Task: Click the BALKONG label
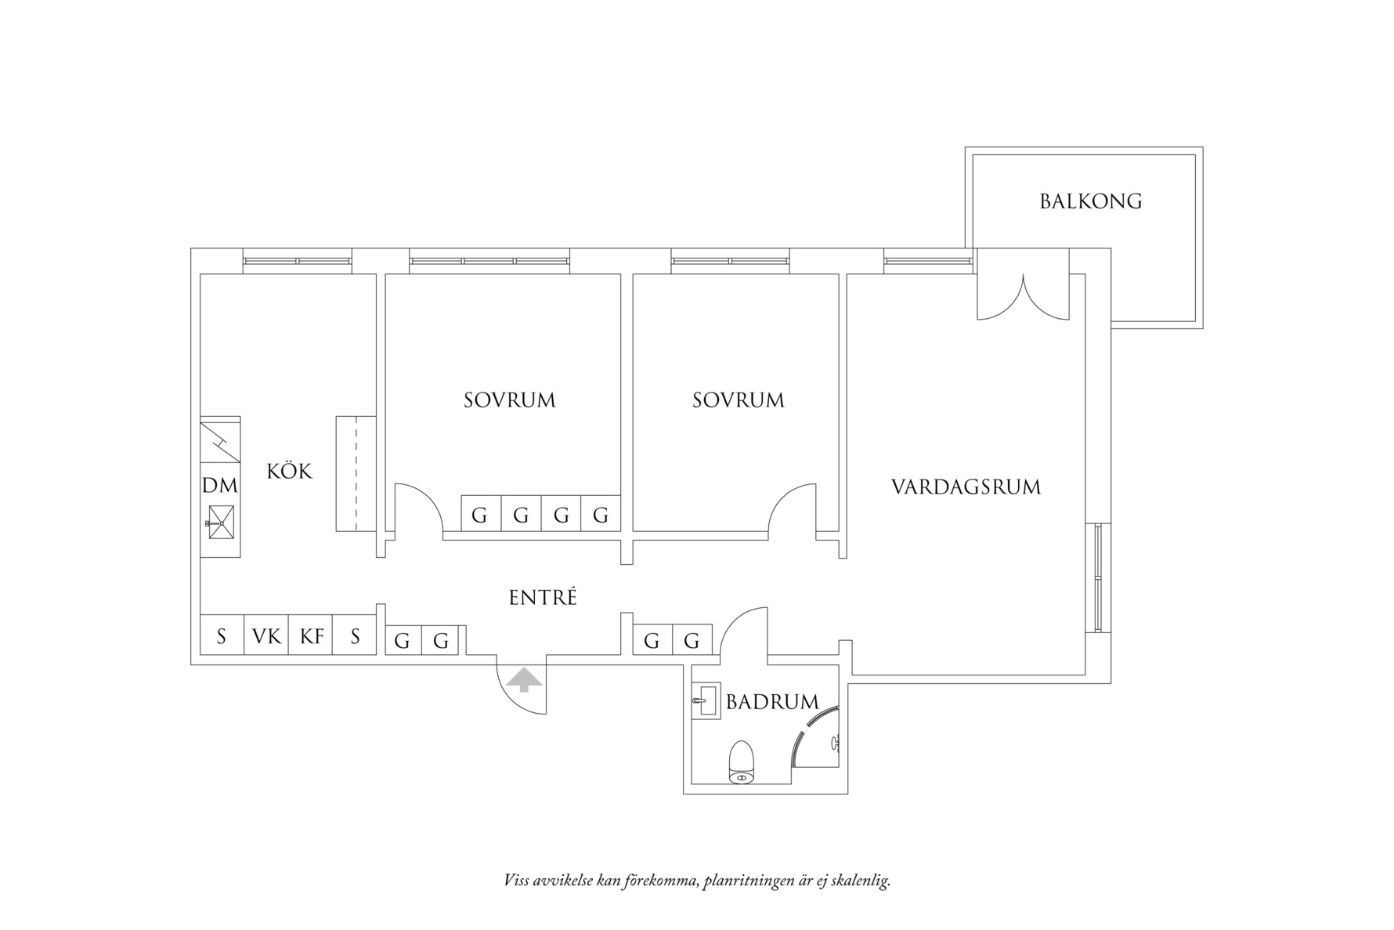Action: click(1090, 201)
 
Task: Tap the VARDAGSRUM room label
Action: click(966, 487)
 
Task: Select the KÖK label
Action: click(289, 471)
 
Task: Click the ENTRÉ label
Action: click(543, 598)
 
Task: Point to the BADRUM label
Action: click(771, 702)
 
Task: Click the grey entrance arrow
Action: click(523, 679)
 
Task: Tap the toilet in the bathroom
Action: click(741, 762)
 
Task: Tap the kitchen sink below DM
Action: click(220, 522)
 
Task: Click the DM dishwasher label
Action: click(220, 486)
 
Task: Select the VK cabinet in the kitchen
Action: click(266, 636)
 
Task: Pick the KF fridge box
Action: click(311, 636)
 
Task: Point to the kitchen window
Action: click(297, 260)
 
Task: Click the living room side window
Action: click(1098, 577)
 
